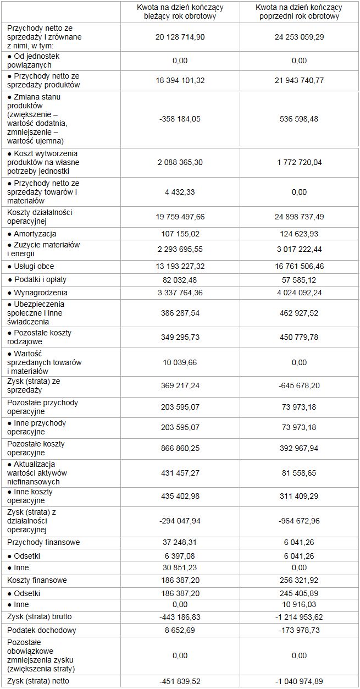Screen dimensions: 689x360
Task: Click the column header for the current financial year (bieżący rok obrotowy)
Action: (x=180, y=12)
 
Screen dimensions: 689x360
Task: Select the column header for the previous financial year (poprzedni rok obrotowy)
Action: (x=299, y=12)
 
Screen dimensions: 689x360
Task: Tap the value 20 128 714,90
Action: (x=180, y=36)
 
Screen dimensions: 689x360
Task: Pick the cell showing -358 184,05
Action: (x=180, y=119)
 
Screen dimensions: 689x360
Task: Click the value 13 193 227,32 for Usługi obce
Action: (x=180, y=267)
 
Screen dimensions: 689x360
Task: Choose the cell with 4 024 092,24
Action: (x=299, y=293)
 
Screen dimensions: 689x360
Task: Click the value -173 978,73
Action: (x=299, y=630)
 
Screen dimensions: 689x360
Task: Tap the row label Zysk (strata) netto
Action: (x=41, y=681)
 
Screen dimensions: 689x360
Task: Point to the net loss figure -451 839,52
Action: (x=180, y=681)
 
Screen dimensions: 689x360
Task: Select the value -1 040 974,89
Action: (x=299, y=681)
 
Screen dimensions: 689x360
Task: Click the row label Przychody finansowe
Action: (x=43, y=542)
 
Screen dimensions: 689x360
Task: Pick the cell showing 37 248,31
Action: (x=180, y=542)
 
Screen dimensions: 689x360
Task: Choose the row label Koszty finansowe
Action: (x=37, y=581)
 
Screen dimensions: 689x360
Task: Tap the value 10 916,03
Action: (x=299, y=604)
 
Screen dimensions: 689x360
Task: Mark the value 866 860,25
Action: (x=180, y=448)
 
